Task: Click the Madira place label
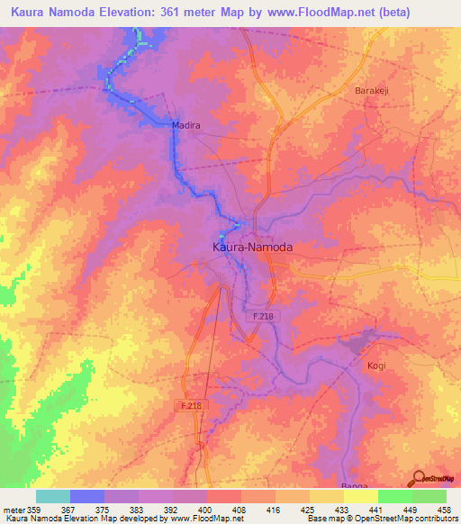pos(185,126)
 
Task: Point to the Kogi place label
pos(376,366)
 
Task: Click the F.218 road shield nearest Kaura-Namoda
pos(261,316)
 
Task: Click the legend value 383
pos(139,509)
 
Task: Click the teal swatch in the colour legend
pos(53,496)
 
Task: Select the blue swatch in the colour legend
pos(87,496)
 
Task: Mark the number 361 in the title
pos(167,13)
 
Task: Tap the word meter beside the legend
pos(14,509)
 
